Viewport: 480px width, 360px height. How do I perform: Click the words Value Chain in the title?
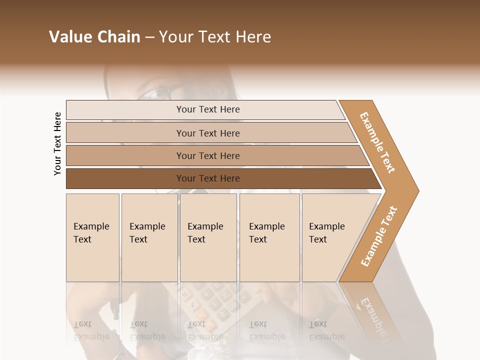tap(94, 37)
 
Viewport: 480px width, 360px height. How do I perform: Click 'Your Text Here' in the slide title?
tap(215, 37)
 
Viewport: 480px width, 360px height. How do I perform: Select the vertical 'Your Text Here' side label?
tap(57, 143)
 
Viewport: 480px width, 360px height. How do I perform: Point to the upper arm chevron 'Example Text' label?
tap(377, 142)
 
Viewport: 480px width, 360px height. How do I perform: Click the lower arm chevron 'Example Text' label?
tap(379, 236)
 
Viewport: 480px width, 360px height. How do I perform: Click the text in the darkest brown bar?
tap(208, 178)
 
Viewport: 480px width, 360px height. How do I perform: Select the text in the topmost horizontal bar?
tap(208, 109)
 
